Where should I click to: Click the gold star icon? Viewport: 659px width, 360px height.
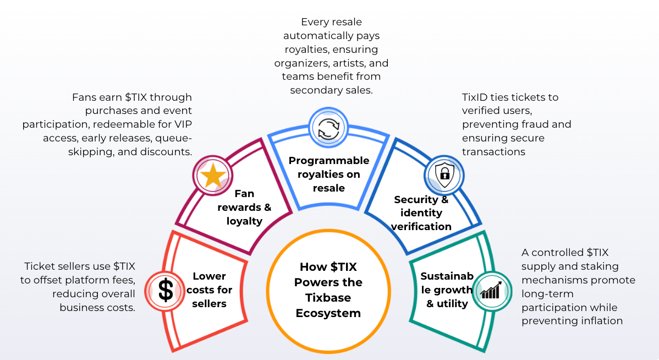tap(213, 176)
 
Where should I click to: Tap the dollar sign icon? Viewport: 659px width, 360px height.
tap(165, 291)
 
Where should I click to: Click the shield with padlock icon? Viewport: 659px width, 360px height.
tap(444, 175)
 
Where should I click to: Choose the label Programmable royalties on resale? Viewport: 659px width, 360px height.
tap(329, 174)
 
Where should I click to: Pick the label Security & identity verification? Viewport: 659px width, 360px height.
tap(421, 213)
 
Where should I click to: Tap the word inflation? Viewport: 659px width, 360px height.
tap(601, 321)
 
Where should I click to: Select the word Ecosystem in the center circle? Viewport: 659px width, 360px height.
tap(328, 313)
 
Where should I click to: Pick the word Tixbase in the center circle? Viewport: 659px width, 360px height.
tap(328, 298)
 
